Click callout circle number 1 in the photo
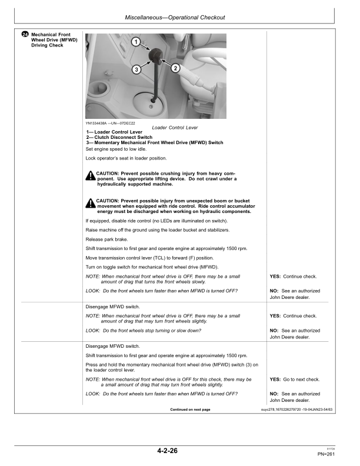[x=135, y=42]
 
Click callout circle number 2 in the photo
[x=175, y=68]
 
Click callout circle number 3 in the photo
[x=136, y=69]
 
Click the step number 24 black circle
[x=25, y=35]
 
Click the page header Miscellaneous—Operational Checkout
[x=179, y=18]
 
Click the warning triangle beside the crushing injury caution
[x=90, y=176]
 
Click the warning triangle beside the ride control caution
[x=90, y=204]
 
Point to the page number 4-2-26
[x=168, y=451]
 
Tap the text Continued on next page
[x=189, y=409]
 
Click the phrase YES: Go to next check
[x=294, y=380]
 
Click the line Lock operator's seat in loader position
[x=126, y=158]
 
